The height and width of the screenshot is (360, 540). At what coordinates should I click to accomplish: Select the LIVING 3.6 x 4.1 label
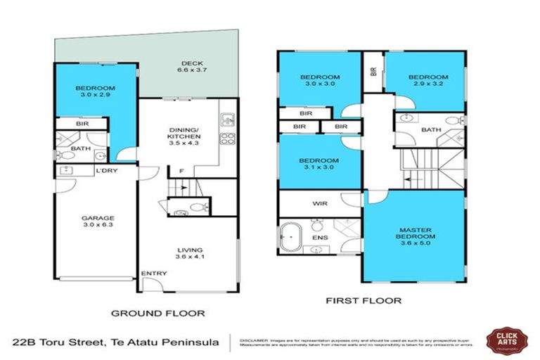coord(190,254)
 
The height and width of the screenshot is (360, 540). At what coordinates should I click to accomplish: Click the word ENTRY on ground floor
coord(153,274)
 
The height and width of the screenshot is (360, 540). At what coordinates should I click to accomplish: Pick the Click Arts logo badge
coord(504,340)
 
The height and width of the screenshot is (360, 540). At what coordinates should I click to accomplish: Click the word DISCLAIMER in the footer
coord(255,337)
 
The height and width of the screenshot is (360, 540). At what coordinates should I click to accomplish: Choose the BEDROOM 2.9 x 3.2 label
coord(428,81)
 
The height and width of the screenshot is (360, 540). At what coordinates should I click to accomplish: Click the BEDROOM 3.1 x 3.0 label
coord(321,163)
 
